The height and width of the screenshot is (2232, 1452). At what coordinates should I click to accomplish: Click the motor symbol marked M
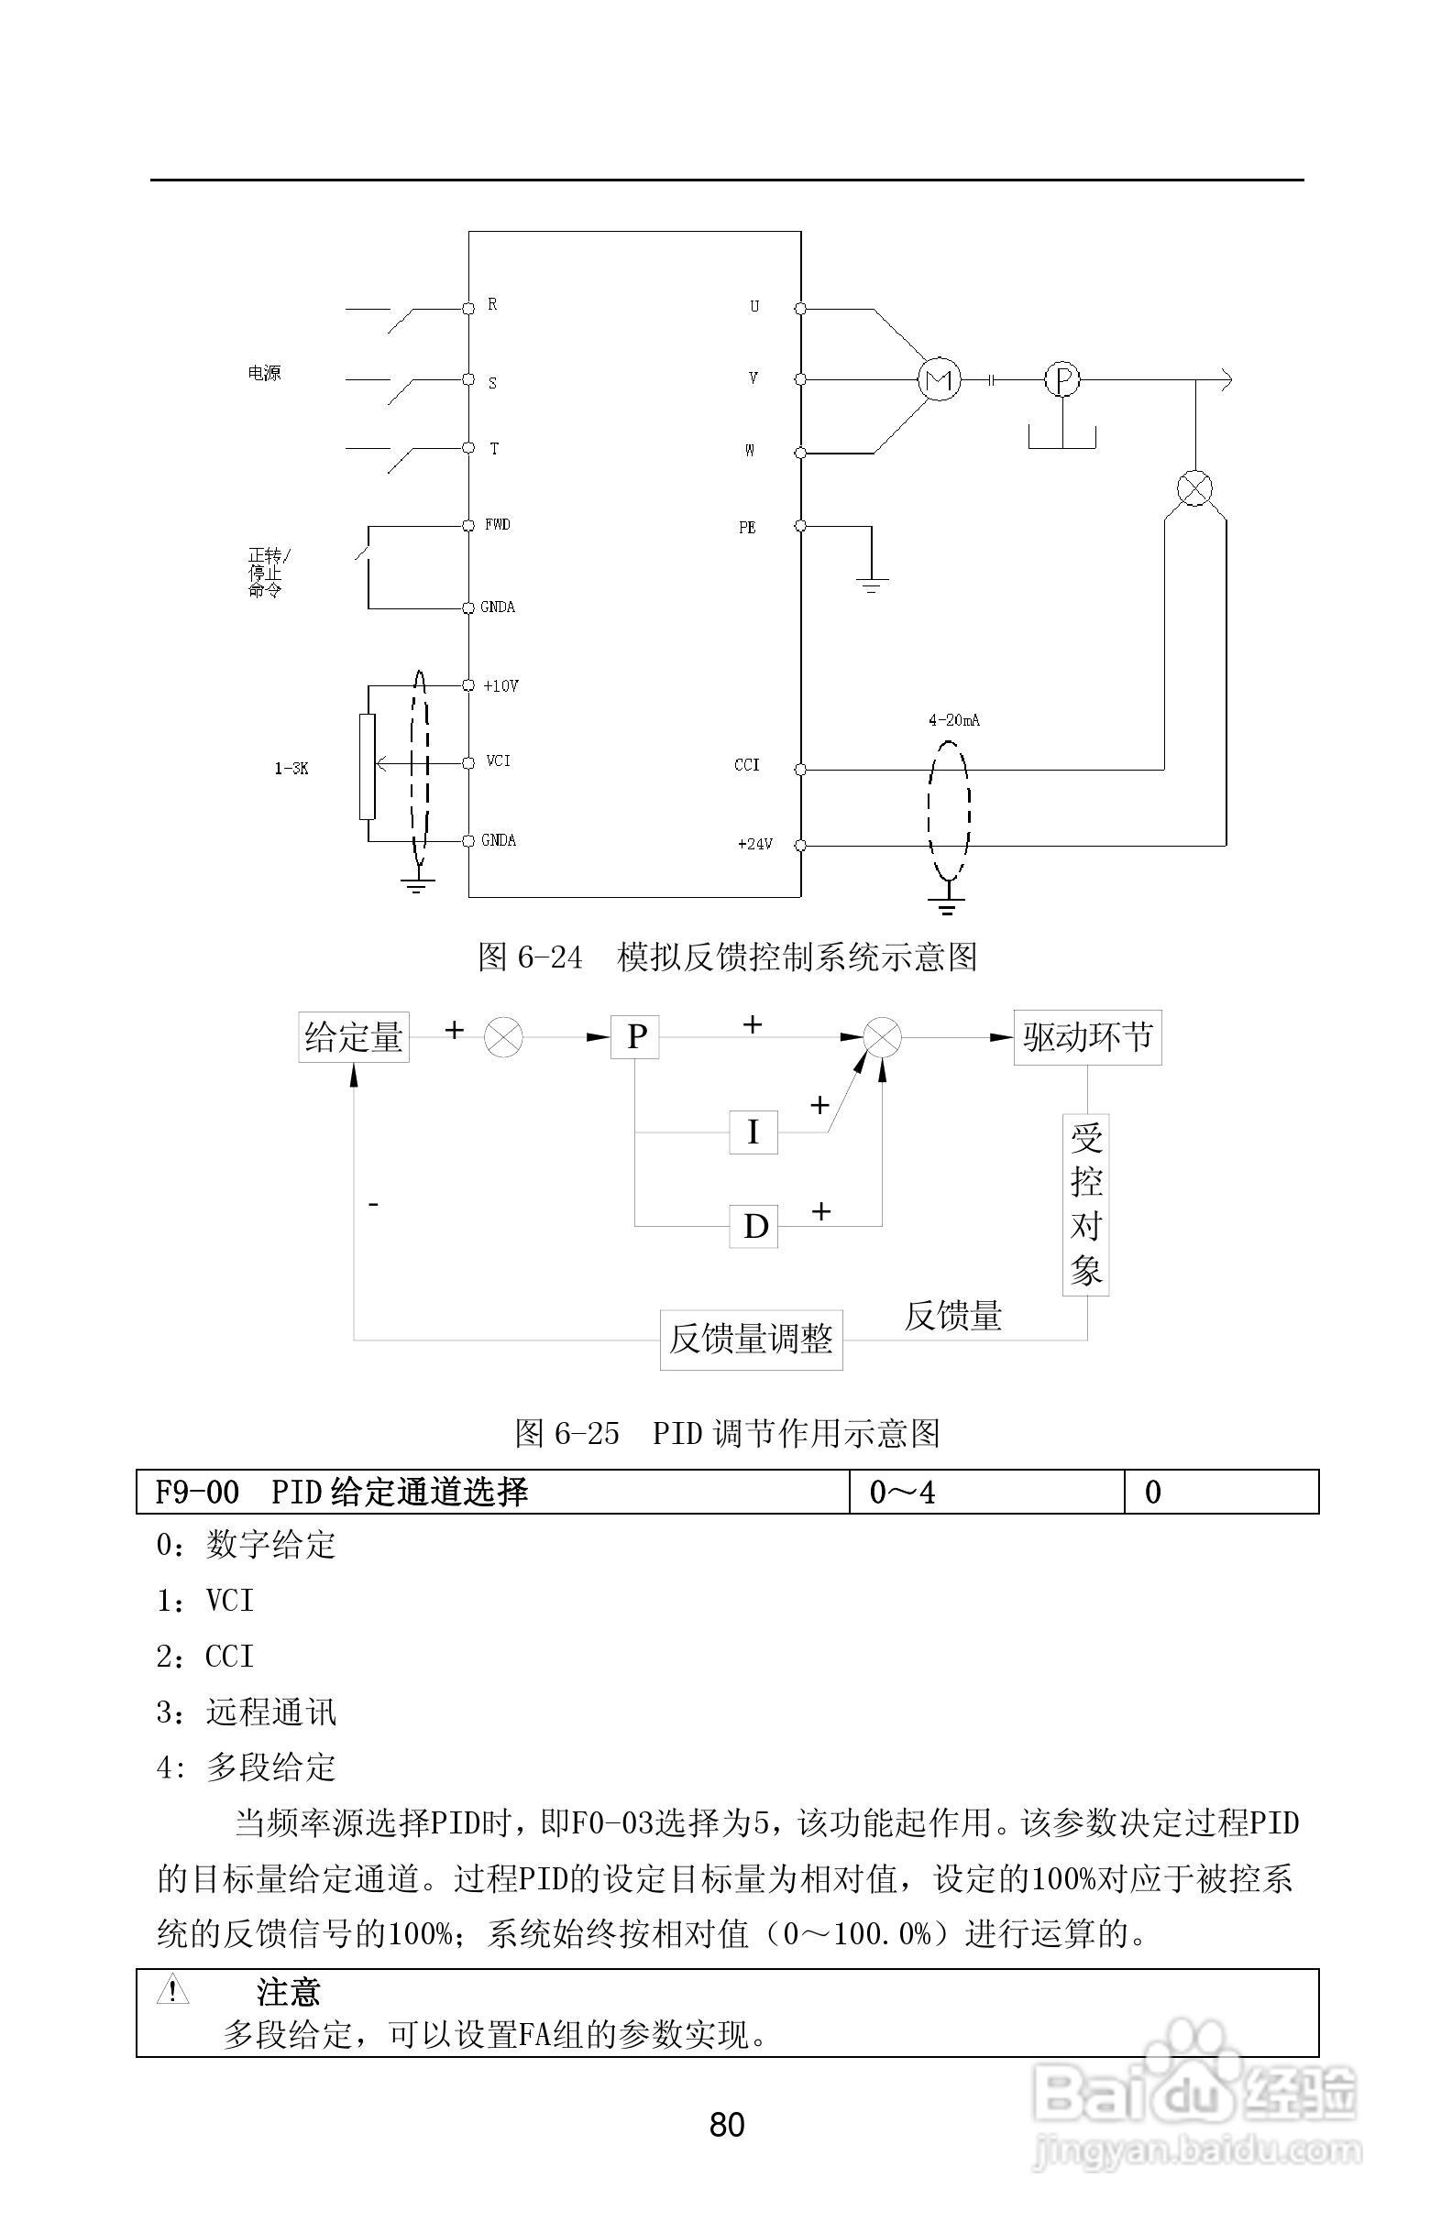pyautogui.click(x=939, y=380)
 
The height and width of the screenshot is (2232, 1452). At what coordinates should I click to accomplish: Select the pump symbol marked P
pyautogui.click(x=1062, y=380)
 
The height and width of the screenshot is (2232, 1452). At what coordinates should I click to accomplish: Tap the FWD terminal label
pyautogui.click(x=497, y=525)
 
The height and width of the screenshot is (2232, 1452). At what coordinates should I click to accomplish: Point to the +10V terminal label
pyautogui.click(x=500, y=686)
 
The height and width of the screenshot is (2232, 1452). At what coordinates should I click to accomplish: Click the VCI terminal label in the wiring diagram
pyautogui.click(x=498, y=761)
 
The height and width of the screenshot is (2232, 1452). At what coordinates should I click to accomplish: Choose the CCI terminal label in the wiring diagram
pyautogui.click(x=747, y=765)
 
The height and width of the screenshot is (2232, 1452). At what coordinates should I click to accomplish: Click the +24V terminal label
pyautogui.click(x=755, y=844)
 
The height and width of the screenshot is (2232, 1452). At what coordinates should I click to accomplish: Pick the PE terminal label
pyautogui.click(x=747, y=528)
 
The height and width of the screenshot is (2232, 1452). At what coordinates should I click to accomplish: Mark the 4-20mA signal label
pyautogui.click(x=954, y=720)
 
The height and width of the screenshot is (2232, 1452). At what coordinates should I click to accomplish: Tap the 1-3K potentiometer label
pyautogui.click(x=291, y=769)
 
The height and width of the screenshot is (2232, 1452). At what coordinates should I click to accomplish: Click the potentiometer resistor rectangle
pyautogui.click(x=367, y=766)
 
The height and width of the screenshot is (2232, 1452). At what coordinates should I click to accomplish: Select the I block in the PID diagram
pyautogui.click(x=753, y=1132)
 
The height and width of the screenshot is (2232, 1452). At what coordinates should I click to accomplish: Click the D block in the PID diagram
pyautogui.click(x=754, y=1227)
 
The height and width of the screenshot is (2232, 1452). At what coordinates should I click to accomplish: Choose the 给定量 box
pyautogui.click(x=354, y=1037)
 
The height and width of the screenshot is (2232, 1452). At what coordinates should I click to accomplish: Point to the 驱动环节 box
pyautogui.click(x=1087, y=1037)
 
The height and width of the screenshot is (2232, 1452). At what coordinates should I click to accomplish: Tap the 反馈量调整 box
pyautogui.click(x=751, y=1340)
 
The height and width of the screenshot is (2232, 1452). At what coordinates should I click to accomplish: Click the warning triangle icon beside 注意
pyautogui.click(x=172, y=1990)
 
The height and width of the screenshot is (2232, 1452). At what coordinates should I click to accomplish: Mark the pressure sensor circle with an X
pyautogui.click(x=1194, y=488)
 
